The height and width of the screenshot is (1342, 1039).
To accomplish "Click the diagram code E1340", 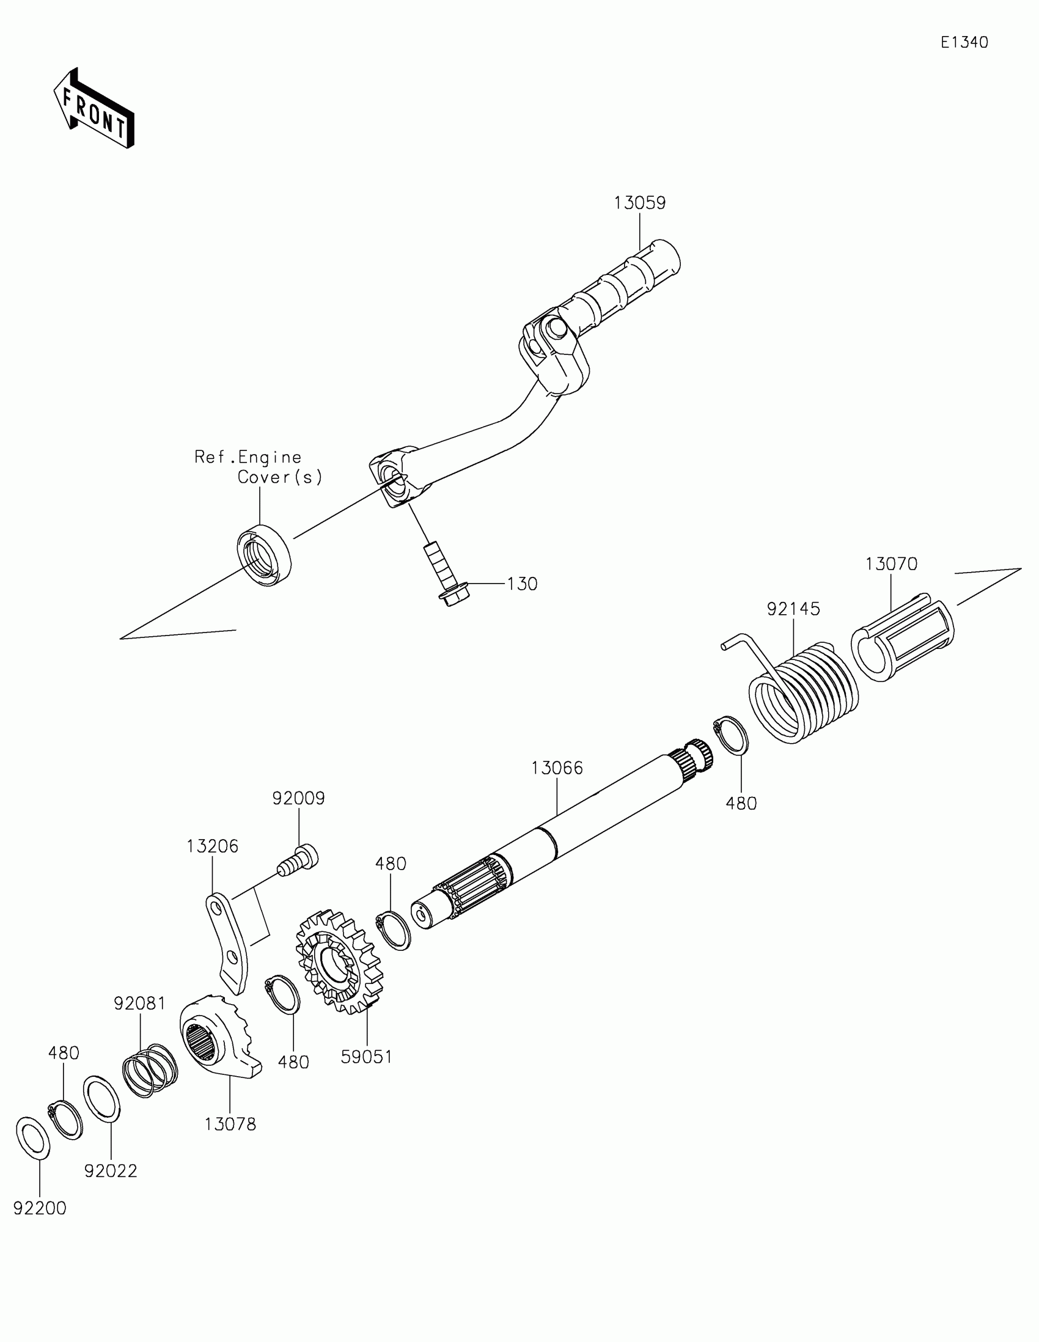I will pyautogui.click(x=964, y=42).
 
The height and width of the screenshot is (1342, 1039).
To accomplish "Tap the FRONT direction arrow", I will pyautogui.click(x=94, y=109).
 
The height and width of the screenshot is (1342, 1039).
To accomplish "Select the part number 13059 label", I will pyautogui.click(x=640, y=203).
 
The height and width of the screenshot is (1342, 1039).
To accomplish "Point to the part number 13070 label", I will pyautogui.click(x=891, y=564).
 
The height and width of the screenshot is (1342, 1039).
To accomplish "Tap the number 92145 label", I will pyautogui.click(x=793, y=609).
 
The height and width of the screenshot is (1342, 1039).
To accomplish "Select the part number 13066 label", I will pyautogui.click(x=557, y=768).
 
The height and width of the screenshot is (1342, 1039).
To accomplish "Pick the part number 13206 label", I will pyautogui.click(x=213, y=846).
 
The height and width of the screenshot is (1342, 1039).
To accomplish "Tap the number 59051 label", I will pyautogui.click(x=367, y=1057).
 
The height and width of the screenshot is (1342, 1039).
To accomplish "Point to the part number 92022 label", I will pyautogui.click(x=111, y=1171).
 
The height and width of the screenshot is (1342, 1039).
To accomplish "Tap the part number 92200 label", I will pyautogui.click(x=40, y=1209).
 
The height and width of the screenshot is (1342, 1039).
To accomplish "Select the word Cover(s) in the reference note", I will pyautogui.click(x=279, y=477).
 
